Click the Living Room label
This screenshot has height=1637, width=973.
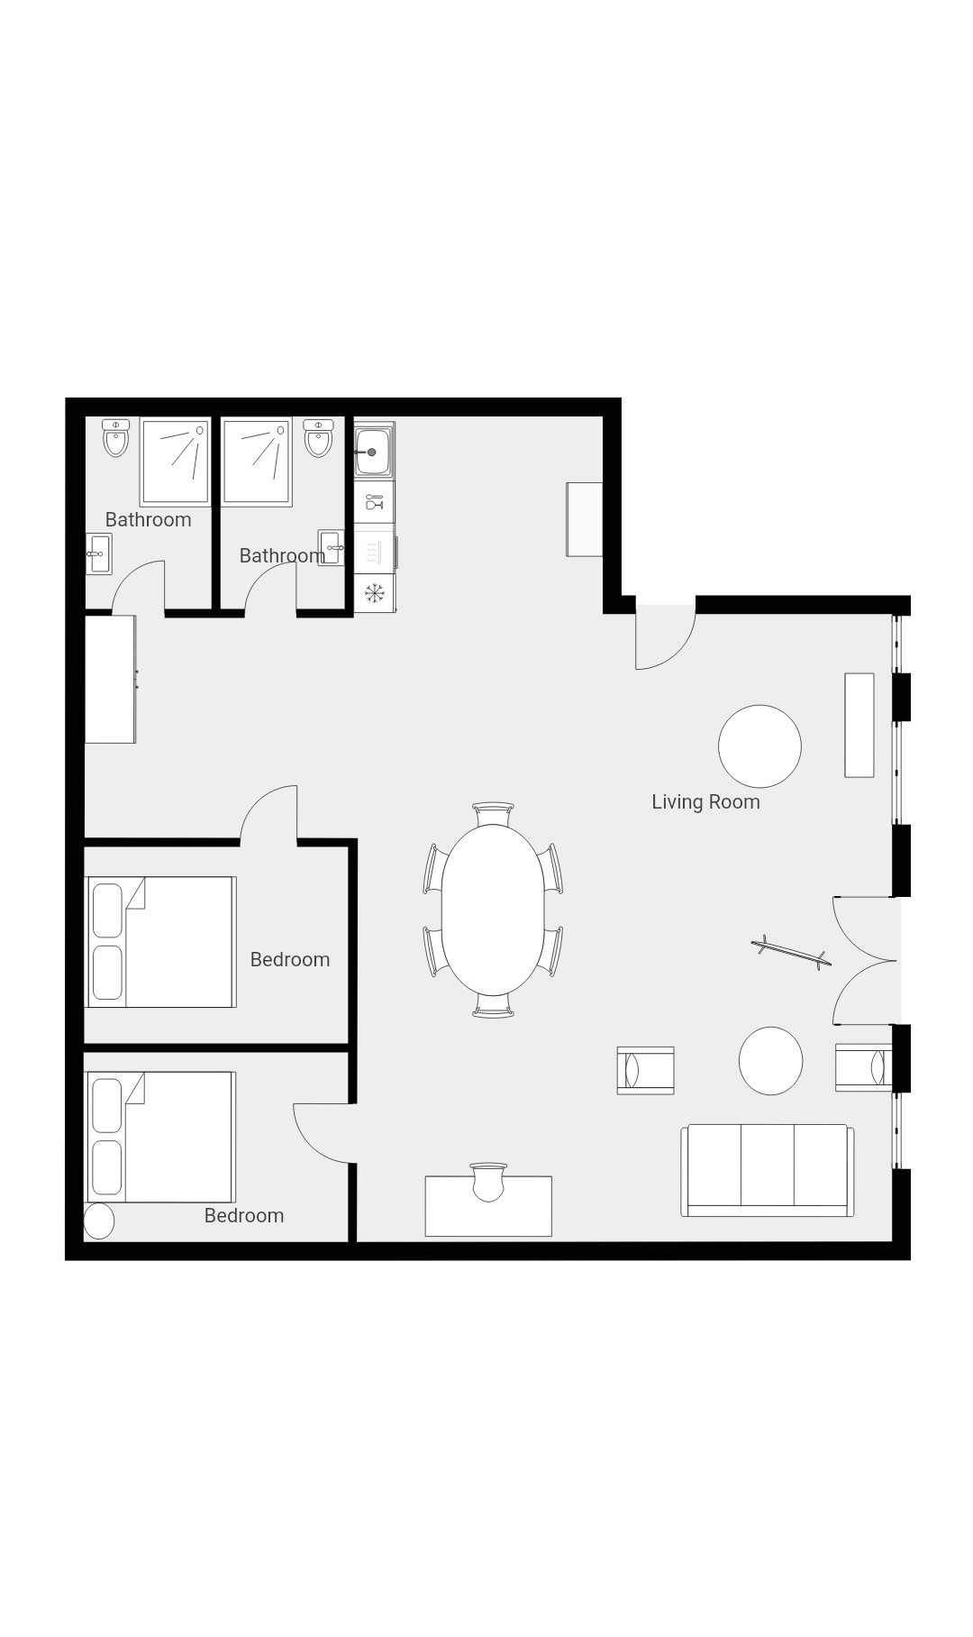(x=705, y=801)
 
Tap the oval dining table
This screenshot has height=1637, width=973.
(x=493, y=910)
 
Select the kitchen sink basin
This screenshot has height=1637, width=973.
(x=373, y=451)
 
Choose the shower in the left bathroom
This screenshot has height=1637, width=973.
(x=175, y=462)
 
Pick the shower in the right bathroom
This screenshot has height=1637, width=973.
(x=257, y=462)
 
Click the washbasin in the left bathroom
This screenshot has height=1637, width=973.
(x=98, y=553)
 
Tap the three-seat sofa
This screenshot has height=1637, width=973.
(x=768, y=1170)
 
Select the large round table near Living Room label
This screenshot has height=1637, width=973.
(x=759, y=746)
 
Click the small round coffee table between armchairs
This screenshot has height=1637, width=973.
(x=770, y=1061)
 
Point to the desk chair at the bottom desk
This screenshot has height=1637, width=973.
(x=488, y=1182)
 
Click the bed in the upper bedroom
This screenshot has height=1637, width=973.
(x=160, y=942)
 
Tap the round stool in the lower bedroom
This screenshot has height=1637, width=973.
(x=99, y=1221)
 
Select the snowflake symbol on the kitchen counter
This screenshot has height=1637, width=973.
(x=374, y=593)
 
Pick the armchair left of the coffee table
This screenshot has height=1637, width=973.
(x=645, y=1071)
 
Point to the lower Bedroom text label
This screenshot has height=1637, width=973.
(x=244, y=1215)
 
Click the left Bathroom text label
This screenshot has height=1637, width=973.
(x=148, y=519)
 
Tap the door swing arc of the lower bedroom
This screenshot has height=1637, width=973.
(x=311, y=1143)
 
